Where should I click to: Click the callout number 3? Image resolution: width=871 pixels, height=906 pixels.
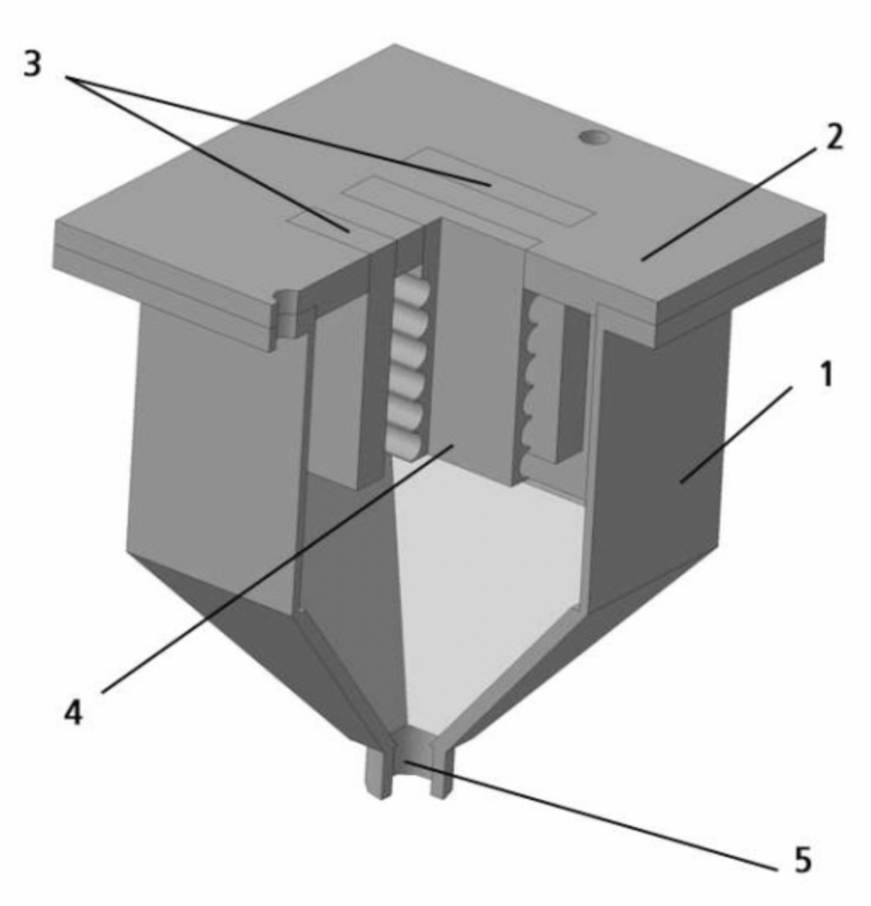(x=33, y=64)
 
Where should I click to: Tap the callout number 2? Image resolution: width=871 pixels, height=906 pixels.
(x=833, y=137)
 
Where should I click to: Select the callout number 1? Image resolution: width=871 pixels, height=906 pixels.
(x=827, y=374)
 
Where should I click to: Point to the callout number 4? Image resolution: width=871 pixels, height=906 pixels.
(x=73, y=711)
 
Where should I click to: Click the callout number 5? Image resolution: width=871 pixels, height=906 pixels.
(x=803, y=859)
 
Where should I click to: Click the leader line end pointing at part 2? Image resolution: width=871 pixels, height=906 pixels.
(x=643, y=259)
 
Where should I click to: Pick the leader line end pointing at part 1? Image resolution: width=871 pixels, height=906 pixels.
(x=682, y=480)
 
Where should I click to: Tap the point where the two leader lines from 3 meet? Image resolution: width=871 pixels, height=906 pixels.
(x=67, y=76)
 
